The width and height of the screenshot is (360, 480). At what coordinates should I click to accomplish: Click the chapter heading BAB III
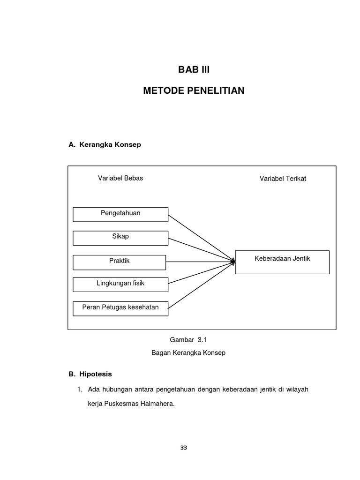click(194, 70)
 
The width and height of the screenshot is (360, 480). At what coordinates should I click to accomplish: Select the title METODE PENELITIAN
click(194, 90)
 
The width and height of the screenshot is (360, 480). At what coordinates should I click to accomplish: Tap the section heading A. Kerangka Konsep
click(105, 145)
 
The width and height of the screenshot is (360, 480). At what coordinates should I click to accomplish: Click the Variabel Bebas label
click(120, 178)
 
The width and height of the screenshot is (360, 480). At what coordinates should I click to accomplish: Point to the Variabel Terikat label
click(283, 179)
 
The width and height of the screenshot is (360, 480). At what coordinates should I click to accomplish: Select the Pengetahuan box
click(120, 214)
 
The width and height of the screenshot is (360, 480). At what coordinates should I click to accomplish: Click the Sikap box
click(120, 238)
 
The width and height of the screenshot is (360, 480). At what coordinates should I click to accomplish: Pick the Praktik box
click(120, 262)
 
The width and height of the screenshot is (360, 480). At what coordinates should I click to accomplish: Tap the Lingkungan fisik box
click(120, 285)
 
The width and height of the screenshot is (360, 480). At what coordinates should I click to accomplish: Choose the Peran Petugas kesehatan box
click(120, 308)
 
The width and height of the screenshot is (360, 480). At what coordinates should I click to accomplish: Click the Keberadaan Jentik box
click(282, 262)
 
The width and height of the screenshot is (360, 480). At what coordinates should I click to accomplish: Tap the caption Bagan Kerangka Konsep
click(188, 352)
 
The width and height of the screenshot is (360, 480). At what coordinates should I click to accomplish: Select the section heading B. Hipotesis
click(90, 374)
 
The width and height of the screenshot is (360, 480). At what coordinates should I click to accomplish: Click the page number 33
click(184, 448)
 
